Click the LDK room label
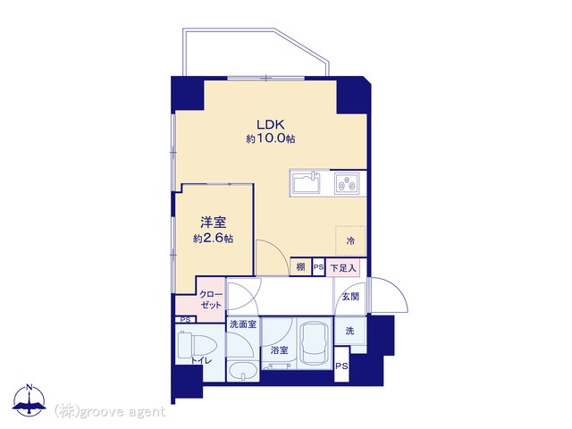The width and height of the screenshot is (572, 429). coord(270,124)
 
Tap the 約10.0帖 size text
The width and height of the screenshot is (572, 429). coord(270,139)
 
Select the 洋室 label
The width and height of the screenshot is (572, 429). coord(213,223)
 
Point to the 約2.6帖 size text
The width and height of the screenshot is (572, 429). coord(213,239)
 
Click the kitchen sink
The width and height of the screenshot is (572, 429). coord(307,183)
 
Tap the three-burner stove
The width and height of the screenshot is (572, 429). coord(347,183)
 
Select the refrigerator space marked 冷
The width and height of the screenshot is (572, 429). coord(350,240)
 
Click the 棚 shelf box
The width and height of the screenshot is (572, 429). coord(300,267)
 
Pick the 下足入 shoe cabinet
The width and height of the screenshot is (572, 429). coord(343,268)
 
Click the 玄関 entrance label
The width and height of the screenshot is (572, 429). coord(350,297)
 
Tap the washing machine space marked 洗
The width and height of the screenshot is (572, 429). coord(350,331)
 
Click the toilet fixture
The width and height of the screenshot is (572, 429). coord(195,346)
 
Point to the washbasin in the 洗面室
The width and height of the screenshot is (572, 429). coord(242,372)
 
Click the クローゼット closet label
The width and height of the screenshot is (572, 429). coord(211,300)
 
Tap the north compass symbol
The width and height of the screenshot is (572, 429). coord(29,400)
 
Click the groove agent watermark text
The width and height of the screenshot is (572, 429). coord(110,412)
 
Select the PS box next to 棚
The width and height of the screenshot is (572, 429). coord(318,267)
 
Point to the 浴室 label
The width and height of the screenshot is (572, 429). coord(280,350)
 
